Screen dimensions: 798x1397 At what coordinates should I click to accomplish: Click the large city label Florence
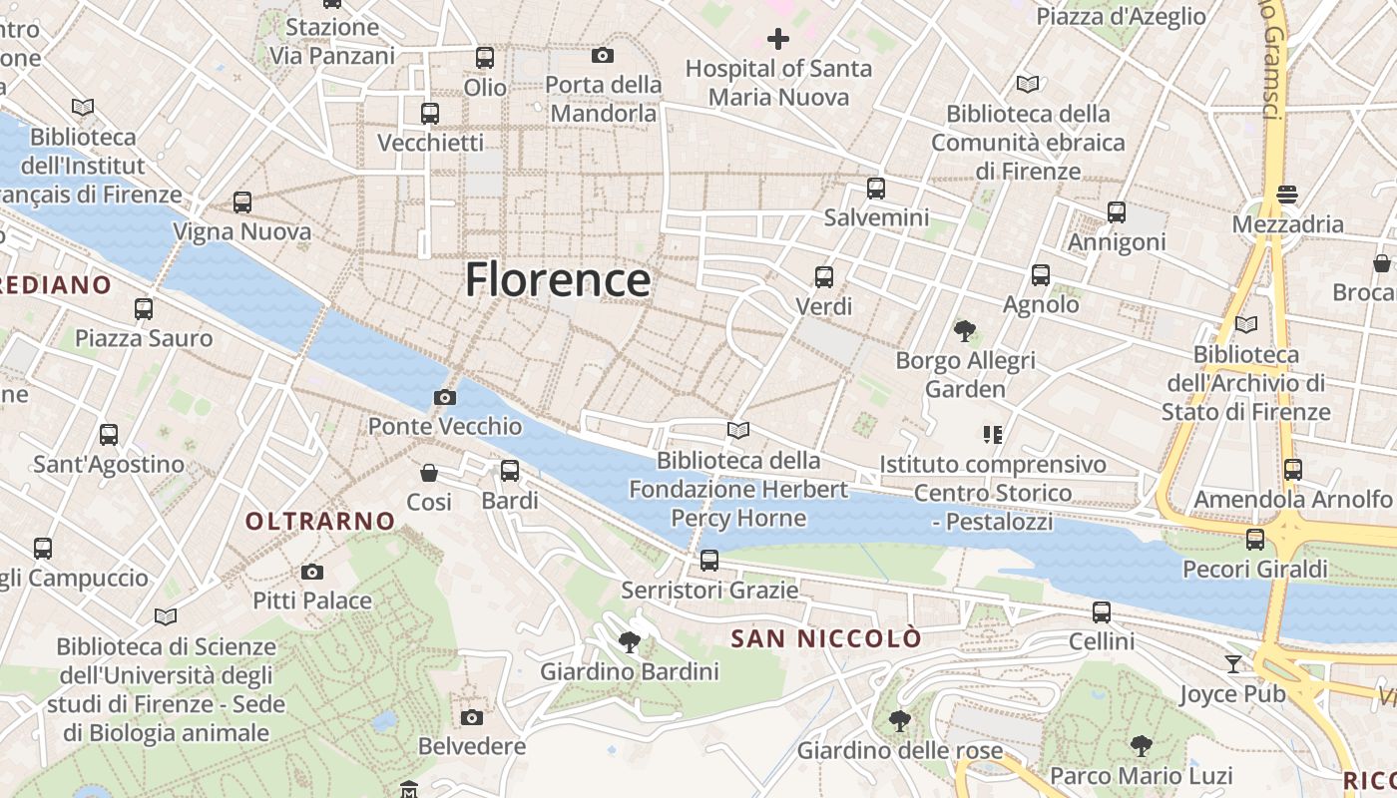(x=558, y=279)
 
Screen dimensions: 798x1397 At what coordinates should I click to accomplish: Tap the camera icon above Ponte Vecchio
(x=445, y=398)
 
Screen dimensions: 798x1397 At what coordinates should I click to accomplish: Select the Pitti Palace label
(x=312, y=600)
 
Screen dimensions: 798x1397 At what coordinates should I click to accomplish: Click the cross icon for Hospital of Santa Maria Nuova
(x=778, y=40)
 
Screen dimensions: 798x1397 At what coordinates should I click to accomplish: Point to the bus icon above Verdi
(x=824, y=277)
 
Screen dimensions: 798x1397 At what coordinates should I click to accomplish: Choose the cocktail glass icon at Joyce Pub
(x=1233, y=664)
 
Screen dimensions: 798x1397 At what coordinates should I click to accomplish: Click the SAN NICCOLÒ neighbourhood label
(x=826, y=638)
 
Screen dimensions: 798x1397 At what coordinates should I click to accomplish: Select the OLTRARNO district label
(x=320, y=521)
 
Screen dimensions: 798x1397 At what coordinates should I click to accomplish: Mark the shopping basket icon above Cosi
(x=429, y=473)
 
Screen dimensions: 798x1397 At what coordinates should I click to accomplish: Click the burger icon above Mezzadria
(x=1287, y=195)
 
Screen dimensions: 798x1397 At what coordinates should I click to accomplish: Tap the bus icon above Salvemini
(x=876, y=188)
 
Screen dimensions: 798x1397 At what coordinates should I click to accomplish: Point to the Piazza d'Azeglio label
(x=1122, y=16)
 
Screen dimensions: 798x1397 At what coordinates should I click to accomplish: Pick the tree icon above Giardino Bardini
(x=629, y=642)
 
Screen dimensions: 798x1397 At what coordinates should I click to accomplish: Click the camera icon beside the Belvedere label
(x=472, y=717)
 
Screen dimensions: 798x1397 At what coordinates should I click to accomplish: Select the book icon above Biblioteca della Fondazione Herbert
(x=738, y=431)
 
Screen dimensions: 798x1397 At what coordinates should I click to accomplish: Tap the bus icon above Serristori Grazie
(x=709, y=561)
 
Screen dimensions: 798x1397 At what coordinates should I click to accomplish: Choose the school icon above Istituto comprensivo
(x=992, y=435)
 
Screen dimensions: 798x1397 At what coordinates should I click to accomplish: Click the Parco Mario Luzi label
(x=1142, y=775)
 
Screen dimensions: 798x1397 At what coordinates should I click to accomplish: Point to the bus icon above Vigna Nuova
(x=242, y=202)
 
